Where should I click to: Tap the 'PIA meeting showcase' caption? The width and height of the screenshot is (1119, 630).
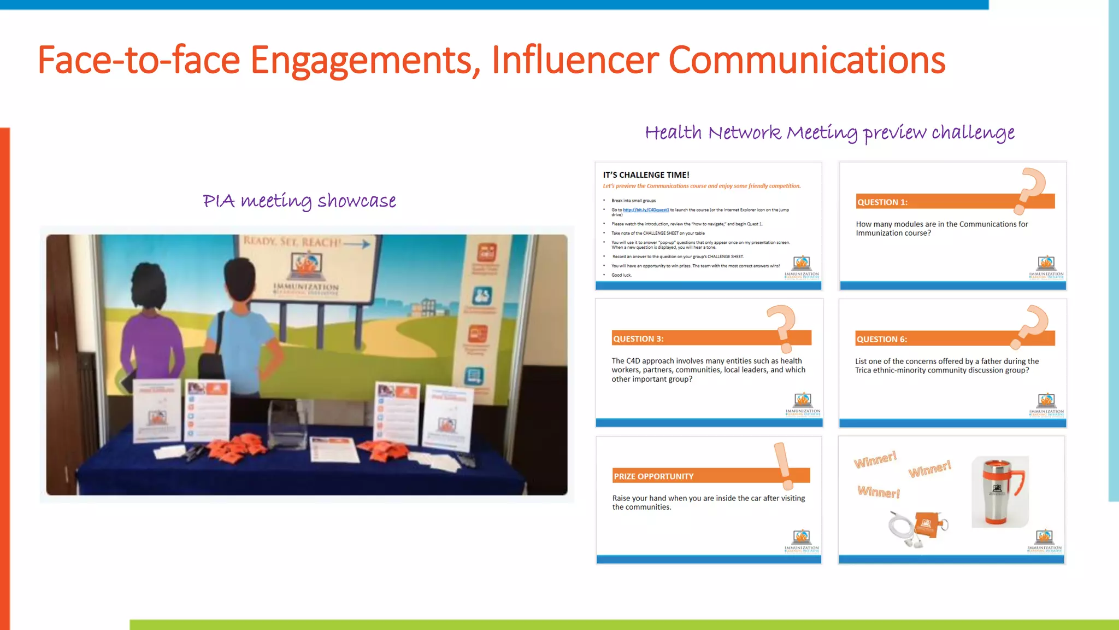coord(299,201)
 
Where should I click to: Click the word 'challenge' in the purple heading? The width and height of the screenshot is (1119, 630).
coord(973,133)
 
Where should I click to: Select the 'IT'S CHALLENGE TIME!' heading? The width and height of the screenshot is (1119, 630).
coord(646,175)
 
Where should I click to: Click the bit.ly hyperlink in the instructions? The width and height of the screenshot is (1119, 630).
coord(645,210)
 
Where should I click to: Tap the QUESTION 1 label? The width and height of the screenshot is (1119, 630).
coord(882,202)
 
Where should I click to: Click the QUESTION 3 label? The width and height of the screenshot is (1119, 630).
coord(638,339)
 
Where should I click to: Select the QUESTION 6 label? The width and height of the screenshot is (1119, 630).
coord(881,340)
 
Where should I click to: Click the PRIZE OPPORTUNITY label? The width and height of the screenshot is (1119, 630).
coord(653,476)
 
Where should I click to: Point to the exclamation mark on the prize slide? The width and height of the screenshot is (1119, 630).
coord(784,465)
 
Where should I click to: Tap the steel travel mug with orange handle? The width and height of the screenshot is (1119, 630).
coord(999,492)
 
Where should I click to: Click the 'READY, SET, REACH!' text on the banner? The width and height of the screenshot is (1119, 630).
coord(292,242)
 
